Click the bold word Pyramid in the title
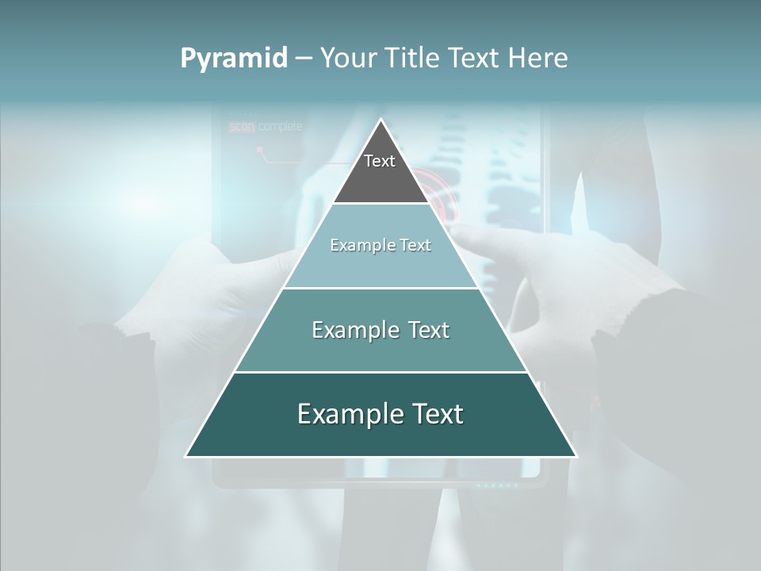[x=234, y=59]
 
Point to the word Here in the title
[x=538, y=59]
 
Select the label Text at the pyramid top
[x=380, y=161]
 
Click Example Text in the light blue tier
[x=380, y=245]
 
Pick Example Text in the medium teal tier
[x=380, y=330]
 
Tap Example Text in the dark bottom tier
[x=380, y=414]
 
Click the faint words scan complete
[x=266, y=126]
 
